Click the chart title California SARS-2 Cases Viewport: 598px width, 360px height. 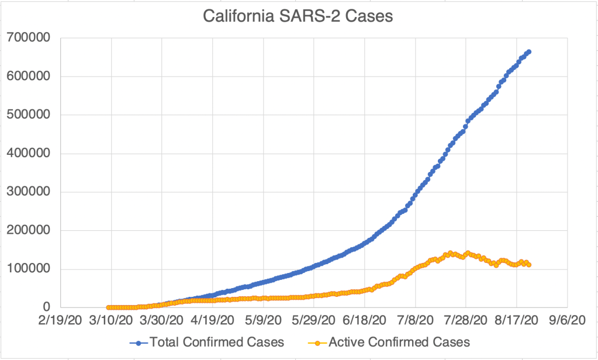[298, 16]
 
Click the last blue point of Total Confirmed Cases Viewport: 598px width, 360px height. [528, 52]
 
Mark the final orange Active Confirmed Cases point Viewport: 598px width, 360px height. [529, 265]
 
